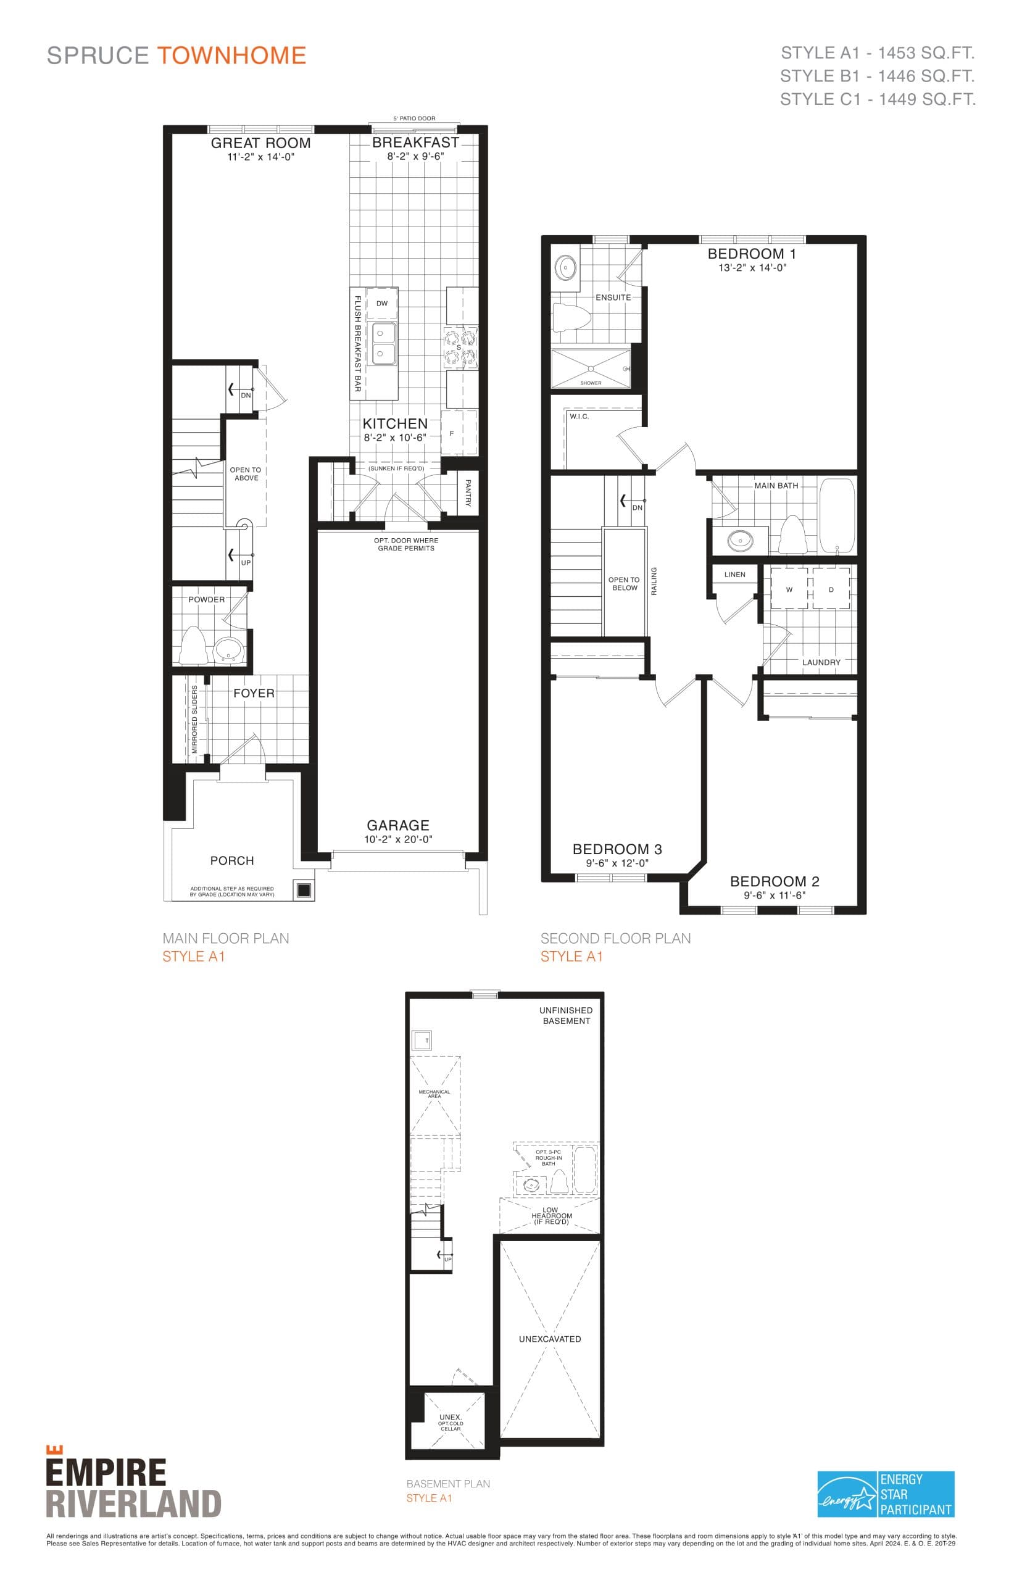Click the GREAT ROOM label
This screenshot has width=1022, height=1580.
click(260, 143)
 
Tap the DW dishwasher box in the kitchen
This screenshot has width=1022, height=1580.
click(381, 303)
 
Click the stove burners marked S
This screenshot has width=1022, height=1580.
click(460, 347)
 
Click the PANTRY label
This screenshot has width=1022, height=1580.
click(468, 493)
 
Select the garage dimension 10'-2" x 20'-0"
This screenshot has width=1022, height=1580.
click(398, 839)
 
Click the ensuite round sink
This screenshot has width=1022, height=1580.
click(565, 268)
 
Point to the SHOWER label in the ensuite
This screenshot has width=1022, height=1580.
click(591, 383)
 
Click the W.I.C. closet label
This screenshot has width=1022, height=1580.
click(579, 417)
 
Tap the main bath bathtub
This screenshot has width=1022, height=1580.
click(836, 515)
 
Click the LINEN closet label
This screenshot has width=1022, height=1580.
click(734, 575)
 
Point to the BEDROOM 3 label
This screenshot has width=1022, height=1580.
click(617, 849)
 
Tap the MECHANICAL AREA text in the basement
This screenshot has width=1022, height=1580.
click(434, 1094)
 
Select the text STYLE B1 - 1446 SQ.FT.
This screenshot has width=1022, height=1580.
click(877, 77)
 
